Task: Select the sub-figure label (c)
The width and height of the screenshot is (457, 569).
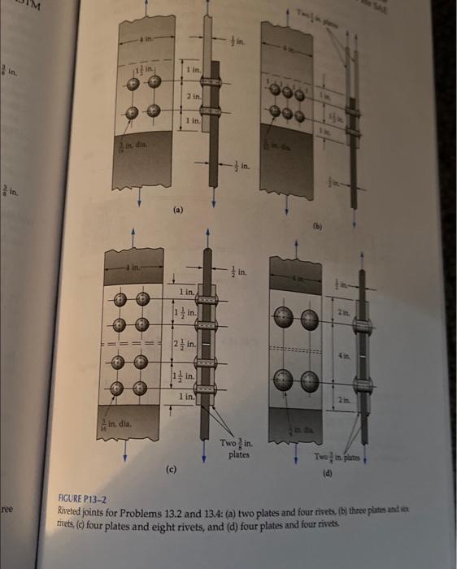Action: click(172, 468)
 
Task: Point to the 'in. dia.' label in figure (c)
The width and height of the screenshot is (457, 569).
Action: click(117, 423)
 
